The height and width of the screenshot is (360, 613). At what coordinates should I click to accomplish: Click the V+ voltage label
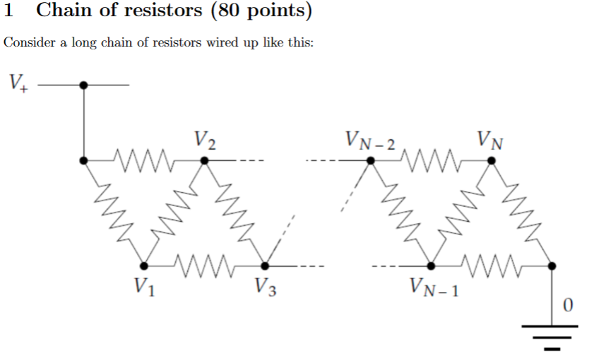point(18,83)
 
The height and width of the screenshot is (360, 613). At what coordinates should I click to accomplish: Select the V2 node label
point(205,139)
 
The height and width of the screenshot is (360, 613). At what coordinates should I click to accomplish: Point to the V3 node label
point(265,287)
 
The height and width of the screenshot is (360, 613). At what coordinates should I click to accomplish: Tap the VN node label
point(490,139)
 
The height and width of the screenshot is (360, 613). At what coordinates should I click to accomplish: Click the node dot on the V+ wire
point(84,85)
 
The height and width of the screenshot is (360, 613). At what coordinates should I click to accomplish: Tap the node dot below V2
point(205,160)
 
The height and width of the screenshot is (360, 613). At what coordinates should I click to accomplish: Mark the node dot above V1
point(144,265)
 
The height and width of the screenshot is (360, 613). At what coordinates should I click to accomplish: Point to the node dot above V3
point(266,265)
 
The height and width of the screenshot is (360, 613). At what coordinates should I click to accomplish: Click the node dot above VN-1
point(432,265)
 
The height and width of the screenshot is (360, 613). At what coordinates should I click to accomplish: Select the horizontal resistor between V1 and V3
point(205,265)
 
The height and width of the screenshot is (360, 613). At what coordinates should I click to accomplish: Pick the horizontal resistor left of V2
point(143,160)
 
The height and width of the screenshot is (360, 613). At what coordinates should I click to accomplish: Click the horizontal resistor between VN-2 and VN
point(431,160)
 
